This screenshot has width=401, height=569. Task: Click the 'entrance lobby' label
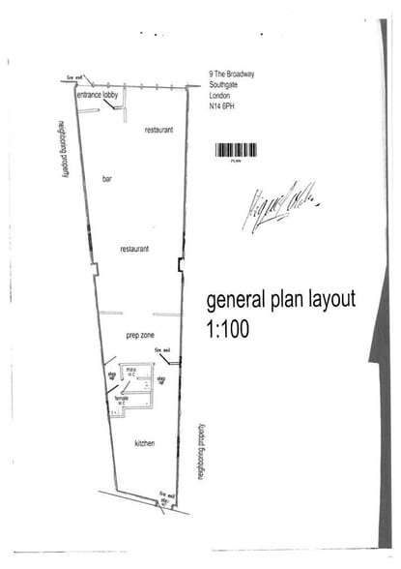click(98, 97)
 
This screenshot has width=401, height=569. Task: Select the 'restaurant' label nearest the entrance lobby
click(158, 129)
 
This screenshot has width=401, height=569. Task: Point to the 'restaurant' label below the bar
click(134, 249)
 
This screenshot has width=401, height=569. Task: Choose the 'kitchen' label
click(145, 443)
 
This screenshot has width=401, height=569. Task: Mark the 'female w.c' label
click(122, 399)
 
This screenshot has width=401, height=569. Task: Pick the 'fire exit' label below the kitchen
click(164, 495)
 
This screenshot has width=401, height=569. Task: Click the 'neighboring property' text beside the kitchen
click(200, 451)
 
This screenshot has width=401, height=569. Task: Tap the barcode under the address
click(236, 151)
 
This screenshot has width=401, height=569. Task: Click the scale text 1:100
click(227, 328)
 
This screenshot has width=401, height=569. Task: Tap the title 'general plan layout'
click(280, 299)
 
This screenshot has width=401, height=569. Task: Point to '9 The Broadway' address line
click(232, 74)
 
